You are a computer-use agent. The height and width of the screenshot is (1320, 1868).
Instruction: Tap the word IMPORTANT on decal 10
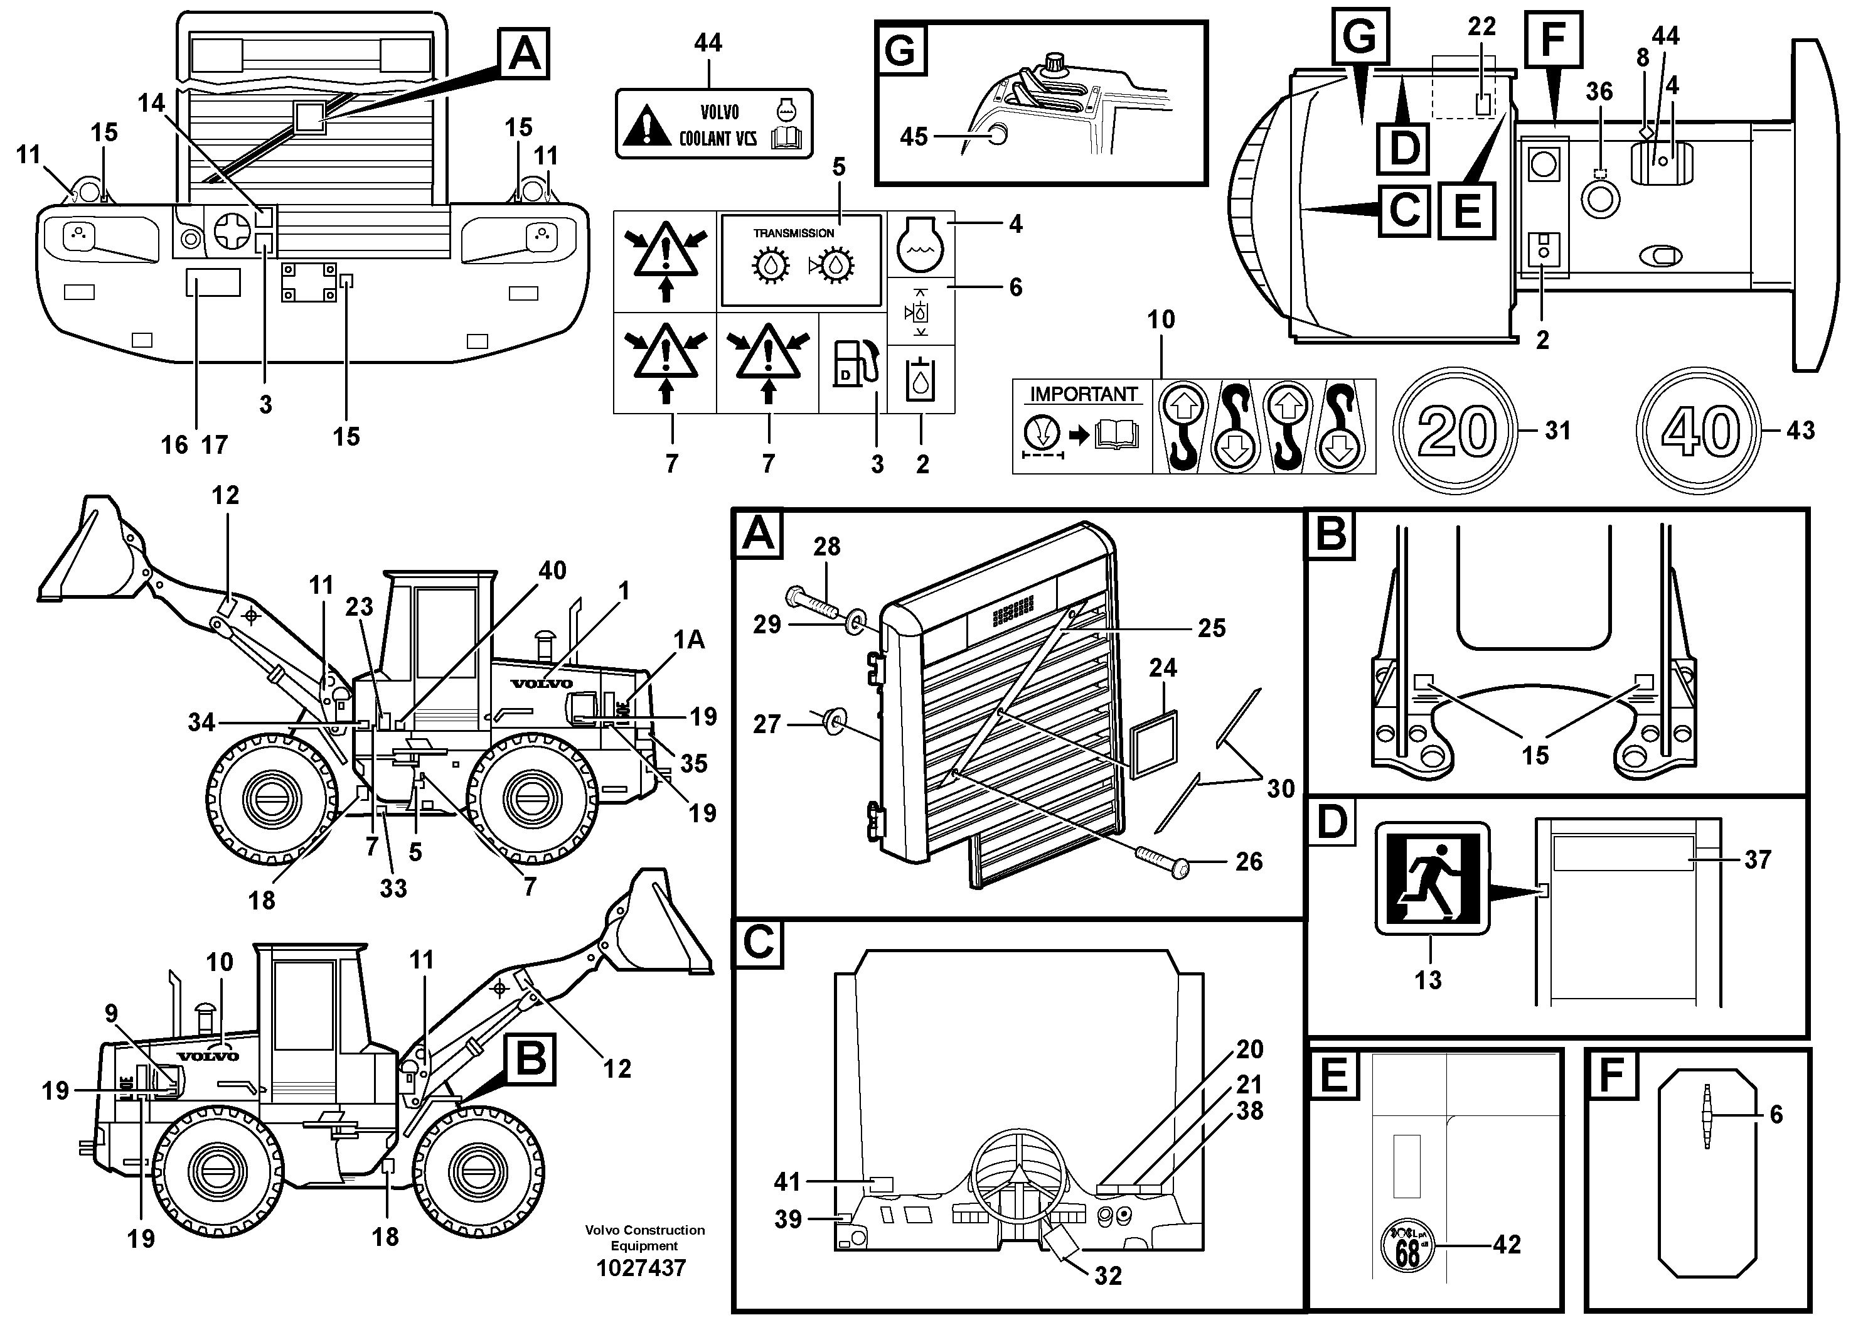pos(1083,395)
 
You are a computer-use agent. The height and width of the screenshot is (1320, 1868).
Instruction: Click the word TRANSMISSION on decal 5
pos(793,233)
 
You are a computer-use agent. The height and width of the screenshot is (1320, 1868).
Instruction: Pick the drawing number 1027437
pos(641,1268)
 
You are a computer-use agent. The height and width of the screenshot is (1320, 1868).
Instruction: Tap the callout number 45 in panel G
pos(914,137)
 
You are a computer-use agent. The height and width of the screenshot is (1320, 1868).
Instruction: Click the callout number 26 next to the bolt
pos(1249,861)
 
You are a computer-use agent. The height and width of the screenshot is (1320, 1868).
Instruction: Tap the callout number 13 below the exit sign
pos(1428,979)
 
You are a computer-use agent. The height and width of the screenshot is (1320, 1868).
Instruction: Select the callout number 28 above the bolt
pos(826,547)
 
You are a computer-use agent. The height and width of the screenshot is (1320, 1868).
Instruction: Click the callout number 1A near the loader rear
pos(688,640)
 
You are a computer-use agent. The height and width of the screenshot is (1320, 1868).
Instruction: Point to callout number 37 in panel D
pos(1758,859)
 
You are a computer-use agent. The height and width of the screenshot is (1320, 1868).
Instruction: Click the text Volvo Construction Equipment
pos(644,1237)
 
